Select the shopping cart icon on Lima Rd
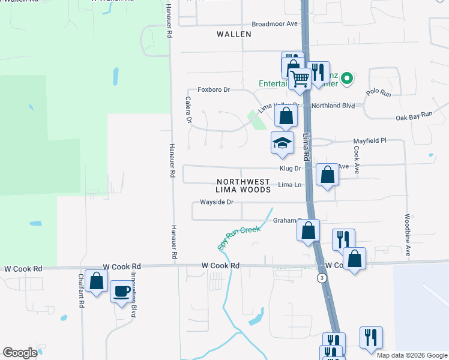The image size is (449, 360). click(300, 77)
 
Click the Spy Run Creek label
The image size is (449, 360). click(239, 238)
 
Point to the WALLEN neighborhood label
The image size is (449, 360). click(234, 34)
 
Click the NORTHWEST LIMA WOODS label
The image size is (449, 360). click(244, 185)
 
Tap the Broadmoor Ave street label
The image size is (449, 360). click(275, 24)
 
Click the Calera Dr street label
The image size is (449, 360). click(188, 110)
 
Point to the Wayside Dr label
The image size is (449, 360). click(216, 202)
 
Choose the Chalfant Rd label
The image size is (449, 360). click(80, 291)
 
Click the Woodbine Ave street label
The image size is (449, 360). click(408, 235)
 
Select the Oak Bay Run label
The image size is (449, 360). click(414, 116)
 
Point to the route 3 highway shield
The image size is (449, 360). click(323, 278)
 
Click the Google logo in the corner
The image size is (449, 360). click(20, 353)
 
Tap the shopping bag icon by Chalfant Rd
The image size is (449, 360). click(96, 281)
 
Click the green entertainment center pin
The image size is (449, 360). click(347, 79)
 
